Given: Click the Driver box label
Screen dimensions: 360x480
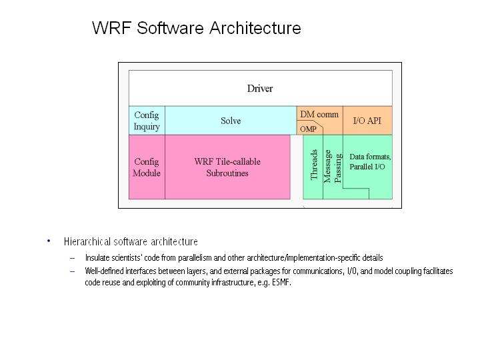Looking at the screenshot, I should pyautogui.click(x=260, y=88).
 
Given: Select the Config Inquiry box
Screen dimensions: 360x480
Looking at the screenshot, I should pyautogui.click(x=147, y=121).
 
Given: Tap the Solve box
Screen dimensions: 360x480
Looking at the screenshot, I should pyautogui.click(x=231, y=121).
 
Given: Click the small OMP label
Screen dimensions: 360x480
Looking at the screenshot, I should pyautogui.click(x=308, y=129).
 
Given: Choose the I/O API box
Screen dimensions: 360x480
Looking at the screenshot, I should pyautogui.click(x=367, y=121).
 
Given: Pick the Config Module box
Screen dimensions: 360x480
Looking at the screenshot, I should pyautogui.click(x=147, y=167).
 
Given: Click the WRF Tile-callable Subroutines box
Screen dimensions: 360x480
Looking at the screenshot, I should pyautogui.click(x=227, y=167).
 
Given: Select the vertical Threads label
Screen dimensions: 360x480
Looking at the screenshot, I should pyautogui.click(x=315, y=165).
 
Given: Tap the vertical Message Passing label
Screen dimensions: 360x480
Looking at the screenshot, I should pyautogui.click(x=333, y=166).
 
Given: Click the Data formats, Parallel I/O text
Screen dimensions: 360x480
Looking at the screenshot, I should pyautogui.click(x=370, y=161).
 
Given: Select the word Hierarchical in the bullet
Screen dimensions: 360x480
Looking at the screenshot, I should pyautogui.click(x=87, y=241).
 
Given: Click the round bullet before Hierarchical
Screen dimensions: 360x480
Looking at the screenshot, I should pyautogui.click(x=49, y=241).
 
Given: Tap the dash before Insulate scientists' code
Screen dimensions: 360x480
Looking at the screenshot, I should pyautogui.click(x=72, y=258).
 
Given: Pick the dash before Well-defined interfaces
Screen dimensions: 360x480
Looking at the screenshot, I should pyautogui.click(x=72, y=271).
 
